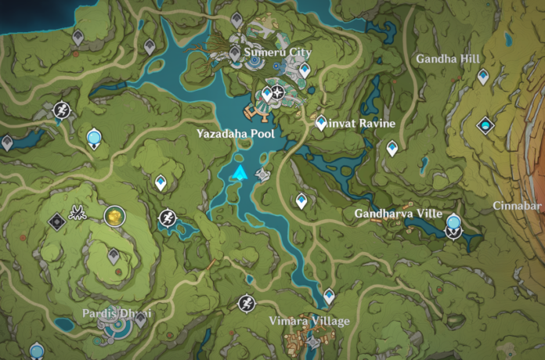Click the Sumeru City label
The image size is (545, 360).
tap(277, 52)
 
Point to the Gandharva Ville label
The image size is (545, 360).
tap(399, 214)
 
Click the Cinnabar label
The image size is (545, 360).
tap(518, 206)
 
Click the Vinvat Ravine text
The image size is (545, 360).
tap(356, 124)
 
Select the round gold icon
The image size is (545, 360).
tap(114, 215)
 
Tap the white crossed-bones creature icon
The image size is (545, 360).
tap(78, 211)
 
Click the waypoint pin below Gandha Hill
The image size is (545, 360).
tap(484, 76)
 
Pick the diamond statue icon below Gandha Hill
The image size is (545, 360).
tap(486, 124)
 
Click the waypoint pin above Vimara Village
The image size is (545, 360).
tap(329, 296)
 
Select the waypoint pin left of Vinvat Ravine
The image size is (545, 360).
tap(320, 122)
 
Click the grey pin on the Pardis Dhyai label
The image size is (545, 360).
tap(141, 318)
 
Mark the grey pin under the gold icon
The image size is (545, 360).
tap(114, 255)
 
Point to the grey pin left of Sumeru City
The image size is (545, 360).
tap(235, 53)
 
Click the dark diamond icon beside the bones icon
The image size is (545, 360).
tap(56, 221)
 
